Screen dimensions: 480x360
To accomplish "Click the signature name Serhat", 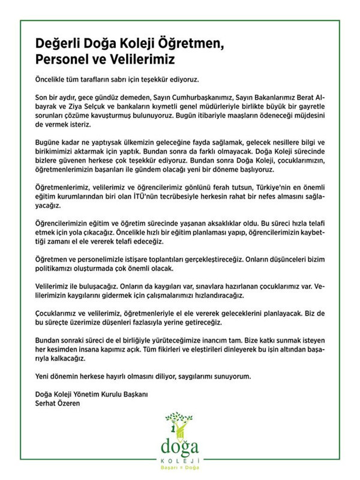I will click(44, 403).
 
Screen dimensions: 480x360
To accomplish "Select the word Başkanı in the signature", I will click(131, 394).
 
